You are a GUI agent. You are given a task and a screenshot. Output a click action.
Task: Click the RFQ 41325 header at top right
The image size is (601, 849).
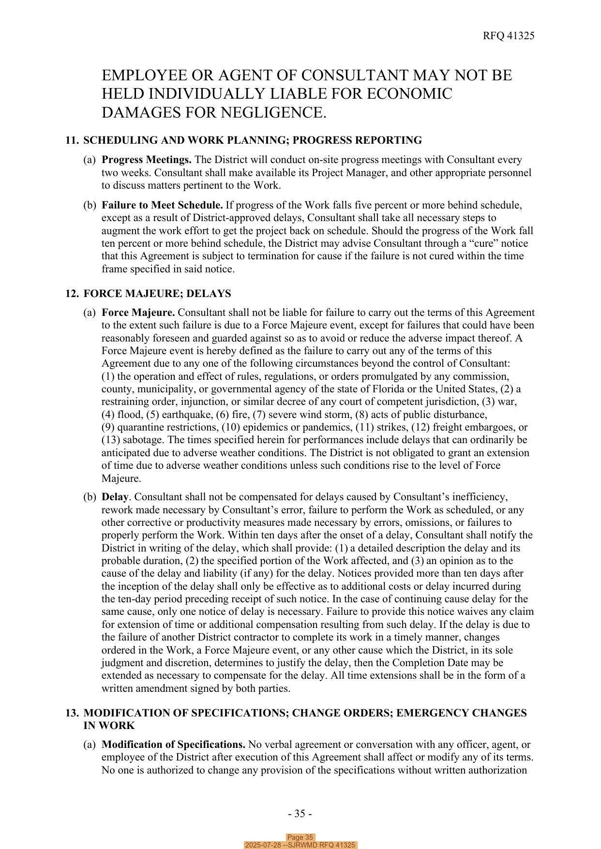[508, 36]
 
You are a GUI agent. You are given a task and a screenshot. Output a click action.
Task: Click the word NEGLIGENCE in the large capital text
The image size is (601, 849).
[273, 113]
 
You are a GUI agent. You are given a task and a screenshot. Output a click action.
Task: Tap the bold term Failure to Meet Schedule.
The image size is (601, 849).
[162, 205]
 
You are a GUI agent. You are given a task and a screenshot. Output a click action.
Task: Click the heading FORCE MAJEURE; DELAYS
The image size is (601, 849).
[157, 294]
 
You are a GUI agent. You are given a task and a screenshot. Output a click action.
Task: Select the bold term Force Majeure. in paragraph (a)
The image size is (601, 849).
[138, 313]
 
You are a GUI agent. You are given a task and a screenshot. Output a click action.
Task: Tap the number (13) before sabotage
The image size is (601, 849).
[110, 440]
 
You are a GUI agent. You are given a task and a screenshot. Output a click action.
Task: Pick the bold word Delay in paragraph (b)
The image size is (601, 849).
[115, 497]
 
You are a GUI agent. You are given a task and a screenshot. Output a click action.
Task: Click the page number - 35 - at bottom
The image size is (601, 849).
[300, 814]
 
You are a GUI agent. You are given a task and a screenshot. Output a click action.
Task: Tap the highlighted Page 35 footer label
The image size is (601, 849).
[300, 837]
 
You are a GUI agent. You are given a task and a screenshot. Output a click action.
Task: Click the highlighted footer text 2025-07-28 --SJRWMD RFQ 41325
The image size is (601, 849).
[300, 845]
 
